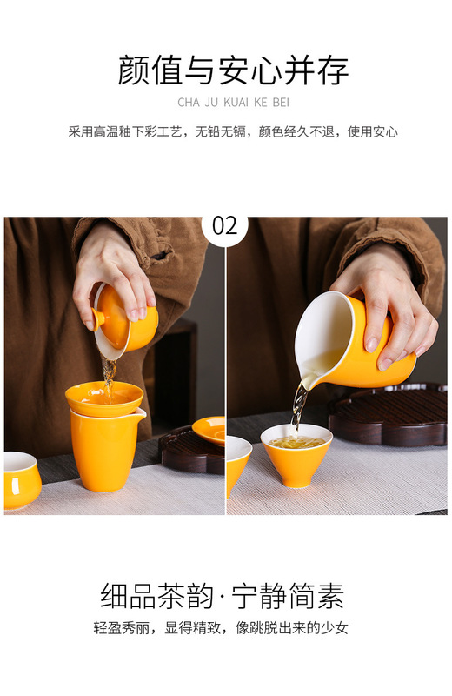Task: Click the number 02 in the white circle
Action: click(x=224, y=226)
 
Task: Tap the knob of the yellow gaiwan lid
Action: click(x=97, y=318)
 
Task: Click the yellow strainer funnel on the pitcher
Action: click(x=104, y=399)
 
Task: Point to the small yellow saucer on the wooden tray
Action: click(x=209, y=430)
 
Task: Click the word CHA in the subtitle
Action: click(x=189, y=103)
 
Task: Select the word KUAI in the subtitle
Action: click(x=236, y=103)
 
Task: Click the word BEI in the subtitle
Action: click(x=281, y=103)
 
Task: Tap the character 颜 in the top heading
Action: click(x=134, y=70)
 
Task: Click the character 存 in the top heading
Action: click(x=333, y=70)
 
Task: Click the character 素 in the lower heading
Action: click(x=329, y=595)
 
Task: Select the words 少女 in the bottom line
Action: click(x=335, y=627)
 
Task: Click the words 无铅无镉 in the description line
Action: click(x=221, y=132)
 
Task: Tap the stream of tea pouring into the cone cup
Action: click(x=298, y=407)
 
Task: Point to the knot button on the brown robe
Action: click(x=161, y=256)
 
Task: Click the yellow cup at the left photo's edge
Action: click(x=23, y=479)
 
